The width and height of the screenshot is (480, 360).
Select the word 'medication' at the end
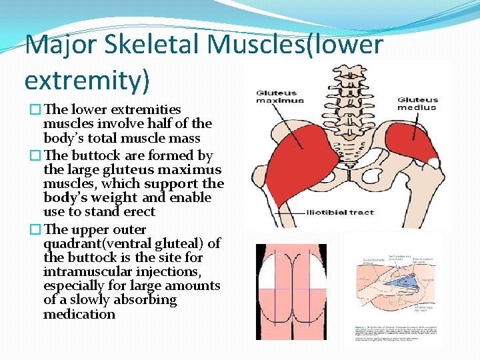click(x=79, y=314)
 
